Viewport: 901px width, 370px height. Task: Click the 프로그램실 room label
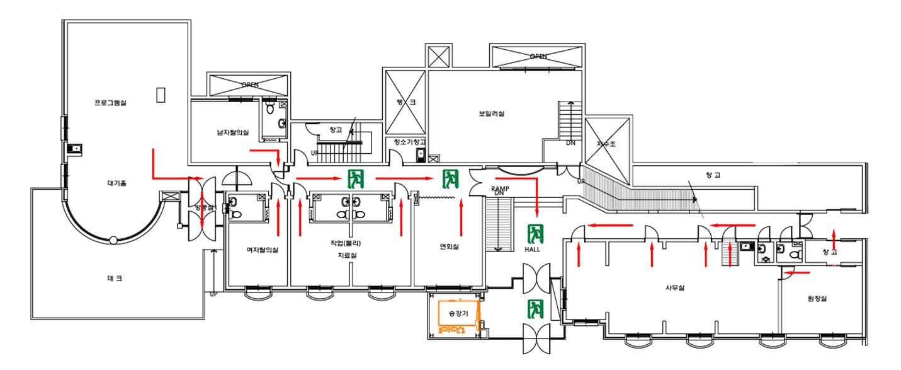click(110, 103)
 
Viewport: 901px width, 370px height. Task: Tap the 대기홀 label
click(116, 184)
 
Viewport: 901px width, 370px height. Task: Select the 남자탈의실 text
click(233, 132)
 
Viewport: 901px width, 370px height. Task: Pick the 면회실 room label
click(449, 246)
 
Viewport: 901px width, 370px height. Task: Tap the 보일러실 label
click(492, 114)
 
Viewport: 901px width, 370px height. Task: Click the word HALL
click(533, 250)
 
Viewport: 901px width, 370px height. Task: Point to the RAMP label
click(501, 188)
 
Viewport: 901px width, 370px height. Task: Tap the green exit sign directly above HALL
click(535, 233)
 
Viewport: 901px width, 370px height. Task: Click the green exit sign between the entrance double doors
click(535, 308)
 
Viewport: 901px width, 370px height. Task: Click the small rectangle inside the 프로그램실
click(161, 94)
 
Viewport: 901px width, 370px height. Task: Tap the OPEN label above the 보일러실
click(538, 57)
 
